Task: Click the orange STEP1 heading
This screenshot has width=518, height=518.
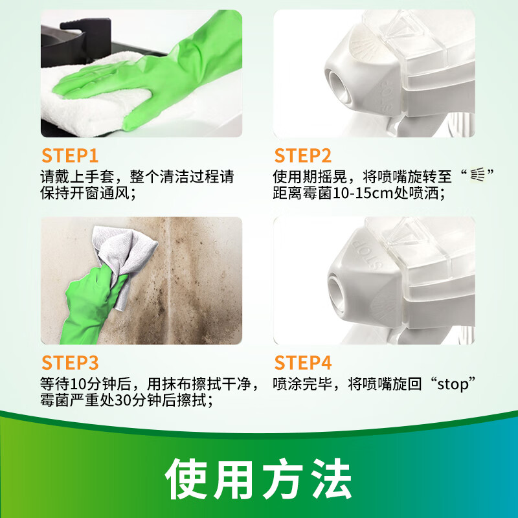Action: (x=70, y=156)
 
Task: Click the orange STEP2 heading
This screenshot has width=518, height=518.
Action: (x=303, y=156)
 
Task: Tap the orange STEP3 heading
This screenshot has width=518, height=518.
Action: (x=71, y=363)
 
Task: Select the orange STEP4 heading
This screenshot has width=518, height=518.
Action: (x=303, y=363)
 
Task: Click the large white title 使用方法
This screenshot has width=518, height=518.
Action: (x=258, y=479)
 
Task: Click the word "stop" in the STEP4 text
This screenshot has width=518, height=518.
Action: (x=456, y=383)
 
